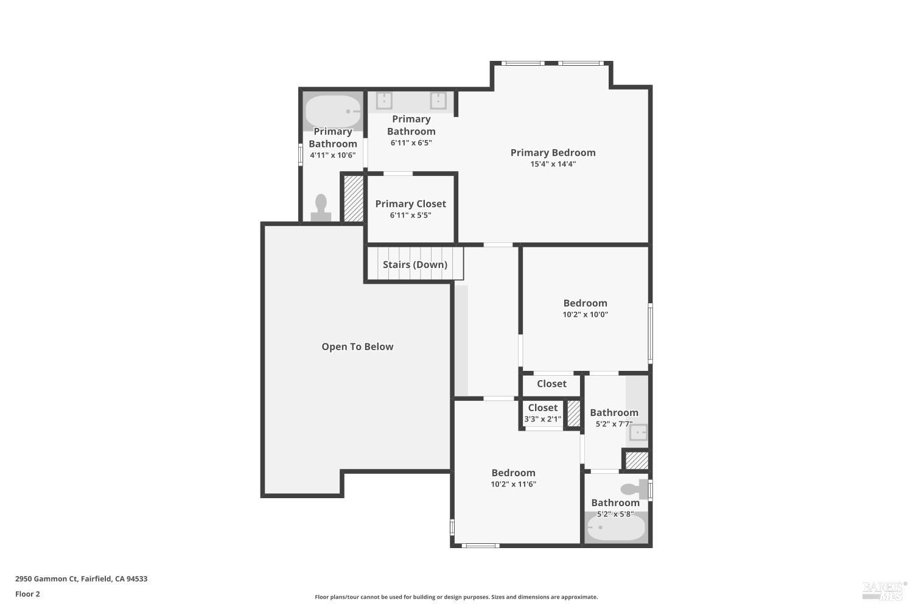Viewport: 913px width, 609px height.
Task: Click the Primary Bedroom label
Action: pos(553,153)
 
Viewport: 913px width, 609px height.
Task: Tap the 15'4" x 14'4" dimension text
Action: pos(553,164)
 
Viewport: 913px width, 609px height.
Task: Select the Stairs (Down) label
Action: pos(415,264)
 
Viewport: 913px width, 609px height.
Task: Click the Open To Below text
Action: pos(357,347)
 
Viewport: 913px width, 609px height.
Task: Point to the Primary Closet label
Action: pos(410,204)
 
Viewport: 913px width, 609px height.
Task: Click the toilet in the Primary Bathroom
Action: pos(321,207)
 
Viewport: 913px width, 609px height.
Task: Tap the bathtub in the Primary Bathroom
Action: pos(333,111)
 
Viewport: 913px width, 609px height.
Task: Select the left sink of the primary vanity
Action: pos(384,100)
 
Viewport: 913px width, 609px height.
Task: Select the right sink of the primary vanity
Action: pos(438,100)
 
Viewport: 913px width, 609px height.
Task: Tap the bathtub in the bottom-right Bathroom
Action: pos(615,528)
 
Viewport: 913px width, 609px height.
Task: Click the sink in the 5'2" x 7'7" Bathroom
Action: pos(638,433)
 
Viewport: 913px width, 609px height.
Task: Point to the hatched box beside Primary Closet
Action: pos(354,199)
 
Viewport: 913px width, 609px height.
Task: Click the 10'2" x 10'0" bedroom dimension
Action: pos(585,315)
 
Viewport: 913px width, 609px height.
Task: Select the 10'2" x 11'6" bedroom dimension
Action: pos(513,485)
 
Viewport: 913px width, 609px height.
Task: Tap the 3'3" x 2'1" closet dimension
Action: pos(542,419)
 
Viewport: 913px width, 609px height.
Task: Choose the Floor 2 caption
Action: pos(27,594)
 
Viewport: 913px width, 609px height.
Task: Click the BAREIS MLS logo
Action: pos(884,589)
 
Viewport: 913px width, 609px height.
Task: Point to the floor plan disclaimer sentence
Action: pos(456,597)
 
